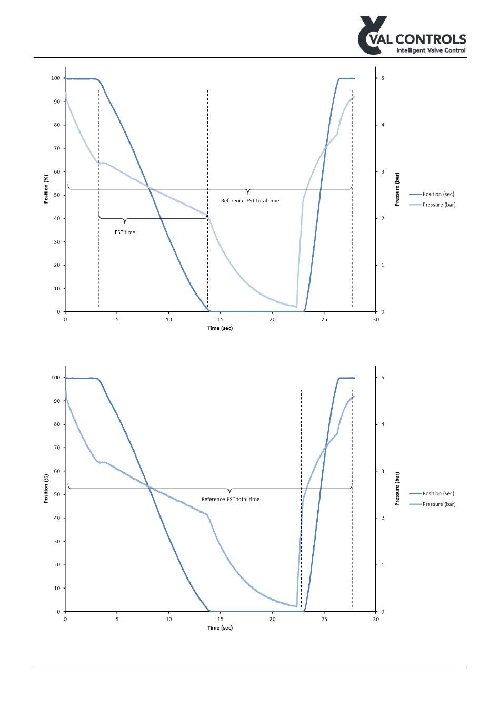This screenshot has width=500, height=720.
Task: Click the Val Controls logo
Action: tap(411, 36)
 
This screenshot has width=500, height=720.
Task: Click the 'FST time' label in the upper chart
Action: tap(125, 232)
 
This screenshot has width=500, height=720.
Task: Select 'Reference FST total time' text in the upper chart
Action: tap(250, 200)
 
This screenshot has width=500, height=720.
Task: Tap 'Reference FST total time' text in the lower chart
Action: tap(231, 499)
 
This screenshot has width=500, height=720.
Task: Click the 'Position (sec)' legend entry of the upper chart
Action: tap(438, 194)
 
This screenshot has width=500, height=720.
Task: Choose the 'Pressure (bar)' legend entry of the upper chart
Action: tap(438, 205)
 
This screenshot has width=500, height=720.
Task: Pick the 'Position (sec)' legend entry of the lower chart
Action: tap(438, 493)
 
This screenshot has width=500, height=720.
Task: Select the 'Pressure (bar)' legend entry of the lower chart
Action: tap(438, 504)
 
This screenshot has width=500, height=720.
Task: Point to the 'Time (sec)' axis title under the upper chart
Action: tap(220, 328)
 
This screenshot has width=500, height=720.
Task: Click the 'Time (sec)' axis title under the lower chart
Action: tap(220, 627)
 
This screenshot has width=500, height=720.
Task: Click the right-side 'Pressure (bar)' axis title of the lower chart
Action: tap(397, 488)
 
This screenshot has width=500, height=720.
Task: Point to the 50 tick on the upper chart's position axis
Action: tap(57, 195)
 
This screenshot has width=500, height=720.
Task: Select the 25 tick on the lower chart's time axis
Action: tap(324, 619)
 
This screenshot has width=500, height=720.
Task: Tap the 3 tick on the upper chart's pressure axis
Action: tap(383, 172)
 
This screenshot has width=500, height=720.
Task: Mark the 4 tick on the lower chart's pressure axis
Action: tap(383, 424)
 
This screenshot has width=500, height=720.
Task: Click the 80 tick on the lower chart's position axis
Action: tap(57, 424)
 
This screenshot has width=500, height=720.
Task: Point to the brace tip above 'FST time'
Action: tap(125, 224)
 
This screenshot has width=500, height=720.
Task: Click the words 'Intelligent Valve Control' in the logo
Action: tap(431, 50)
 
